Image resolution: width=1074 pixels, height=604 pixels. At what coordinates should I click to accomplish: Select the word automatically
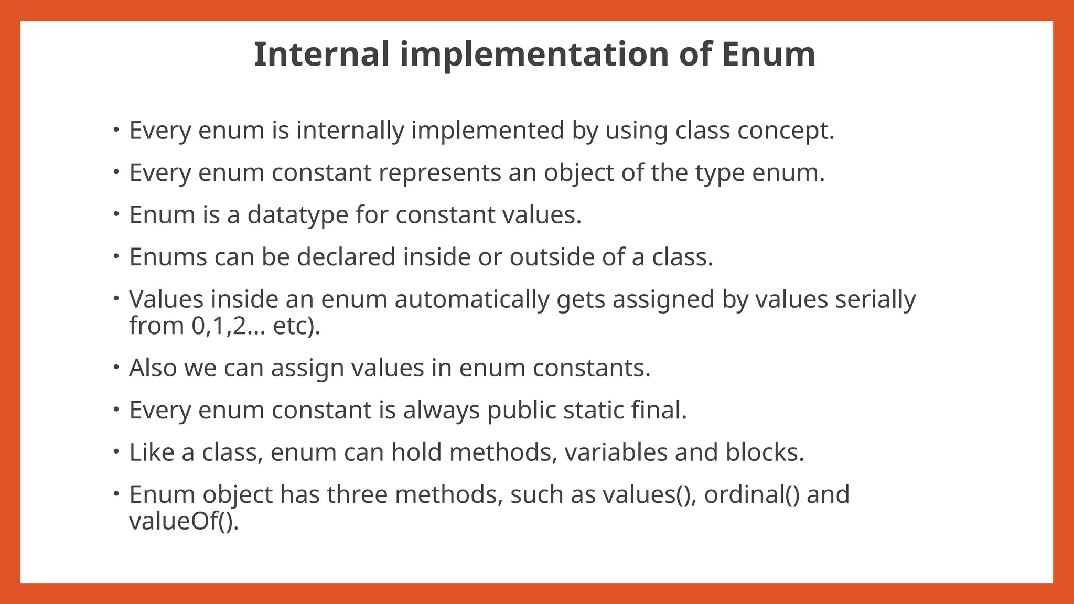click(x=471, y=299)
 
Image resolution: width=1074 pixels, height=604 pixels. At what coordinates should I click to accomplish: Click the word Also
click(x=153, y=368)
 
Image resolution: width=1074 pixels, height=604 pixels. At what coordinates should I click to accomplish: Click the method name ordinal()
click(x=751, y=494)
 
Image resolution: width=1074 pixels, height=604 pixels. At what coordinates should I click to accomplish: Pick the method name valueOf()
click(x=184, y=521)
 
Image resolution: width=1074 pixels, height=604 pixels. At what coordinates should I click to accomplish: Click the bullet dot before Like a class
click(x=116, y=451)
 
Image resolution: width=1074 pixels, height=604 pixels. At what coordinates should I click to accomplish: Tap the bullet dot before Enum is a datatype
click(x=116, y=214)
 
